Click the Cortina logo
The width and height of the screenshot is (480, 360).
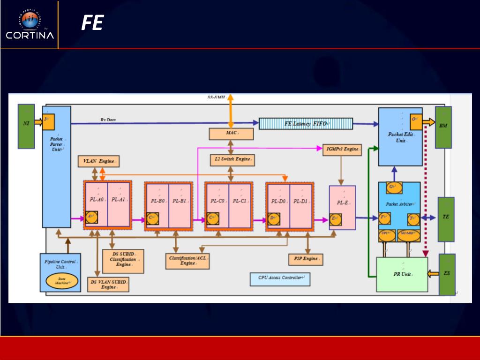[30, 24]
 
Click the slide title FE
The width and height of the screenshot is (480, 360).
[92, 22]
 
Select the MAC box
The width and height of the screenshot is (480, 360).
[231, 134]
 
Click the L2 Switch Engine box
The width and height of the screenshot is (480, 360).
[232, 160]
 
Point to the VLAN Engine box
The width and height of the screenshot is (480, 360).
[98, 162]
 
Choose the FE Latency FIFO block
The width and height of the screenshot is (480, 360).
[306, 124]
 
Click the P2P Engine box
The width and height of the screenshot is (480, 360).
[305, 259]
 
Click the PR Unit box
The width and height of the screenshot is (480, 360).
[402, 274]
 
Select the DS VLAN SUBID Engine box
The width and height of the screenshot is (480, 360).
[108, 285]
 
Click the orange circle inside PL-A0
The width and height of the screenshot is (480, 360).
[91, 218]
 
